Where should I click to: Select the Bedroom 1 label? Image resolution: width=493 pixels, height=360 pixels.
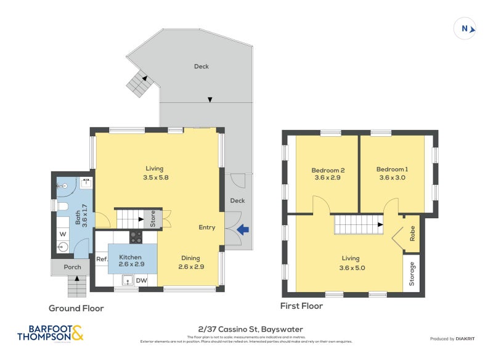pos(393,173)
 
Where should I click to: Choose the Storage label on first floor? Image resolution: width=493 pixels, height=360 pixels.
pos(412,274)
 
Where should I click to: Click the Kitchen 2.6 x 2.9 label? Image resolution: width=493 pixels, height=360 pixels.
pos(131,261)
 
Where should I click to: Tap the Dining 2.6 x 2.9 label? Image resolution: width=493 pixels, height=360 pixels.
pos(191,263)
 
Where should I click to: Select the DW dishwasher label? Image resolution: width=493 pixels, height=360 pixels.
pos(141,281)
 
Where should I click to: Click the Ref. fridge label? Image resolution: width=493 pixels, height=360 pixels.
pos(102,260)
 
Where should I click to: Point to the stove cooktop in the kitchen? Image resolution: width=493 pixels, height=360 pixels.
pos(136,237)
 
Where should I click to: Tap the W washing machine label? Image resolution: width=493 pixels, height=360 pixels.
pos(63,234)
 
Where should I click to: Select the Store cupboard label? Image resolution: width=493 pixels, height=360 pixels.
pos(153,218)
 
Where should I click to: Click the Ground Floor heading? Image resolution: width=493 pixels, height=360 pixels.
pos(76,308)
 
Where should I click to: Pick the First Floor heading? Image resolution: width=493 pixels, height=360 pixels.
pos(302,306)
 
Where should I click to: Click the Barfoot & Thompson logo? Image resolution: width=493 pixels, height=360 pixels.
pos(50,333)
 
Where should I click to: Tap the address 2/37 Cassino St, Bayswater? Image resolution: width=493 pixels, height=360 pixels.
pos(246,329)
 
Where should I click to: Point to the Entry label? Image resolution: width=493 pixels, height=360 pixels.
pos(206,227)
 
